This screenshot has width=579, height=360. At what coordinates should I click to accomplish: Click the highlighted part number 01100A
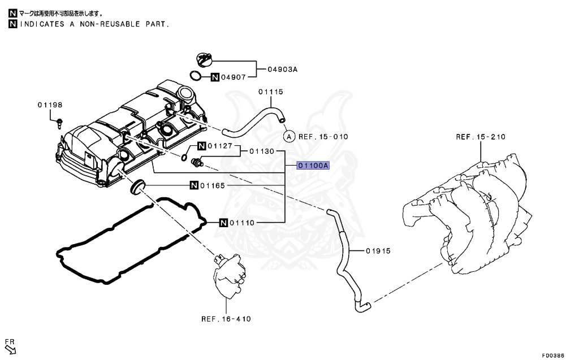coord(313,166)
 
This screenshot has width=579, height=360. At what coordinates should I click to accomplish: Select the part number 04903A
coord(282,70)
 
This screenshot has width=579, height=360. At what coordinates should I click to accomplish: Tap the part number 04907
coord(234,77)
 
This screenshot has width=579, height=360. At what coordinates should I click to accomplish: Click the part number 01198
coord(50,105)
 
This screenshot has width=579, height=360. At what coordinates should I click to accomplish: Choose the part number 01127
coord(219,146)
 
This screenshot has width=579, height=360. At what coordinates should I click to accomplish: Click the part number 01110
coord(241,223)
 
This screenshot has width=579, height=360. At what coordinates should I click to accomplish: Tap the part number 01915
coord(378,250)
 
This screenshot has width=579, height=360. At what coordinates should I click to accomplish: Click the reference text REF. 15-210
coord(481,137)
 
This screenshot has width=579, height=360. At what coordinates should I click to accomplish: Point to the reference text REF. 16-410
coord(226,319)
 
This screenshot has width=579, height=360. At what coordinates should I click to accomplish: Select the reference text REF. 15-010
coord(323,136)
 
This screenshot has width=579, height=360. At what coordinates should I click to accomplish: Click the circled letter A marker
coord(288,136)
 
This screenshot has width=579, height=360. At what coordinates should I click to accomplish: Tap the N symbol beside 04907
coord(215,77)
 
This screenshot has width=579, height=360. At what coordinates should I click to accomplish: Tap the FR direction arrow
coord(11,346)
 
